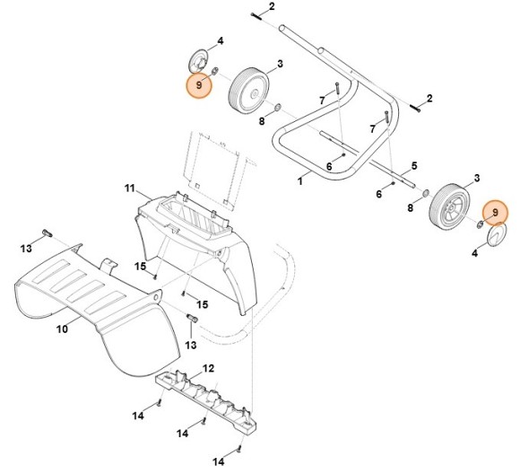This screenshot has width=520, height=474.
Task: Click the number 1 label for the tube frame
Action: click(x=300, y=181)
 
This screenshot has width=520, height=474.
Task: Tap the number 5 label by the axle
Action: click(x=414, y=165)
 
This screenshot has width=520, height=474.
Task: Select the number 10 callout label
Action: click(x=62, y=329)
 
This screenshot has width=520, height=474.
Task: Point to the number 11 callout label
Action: click(x=130, y=189)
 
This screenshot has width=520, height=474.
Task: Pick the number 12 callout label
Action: click(x=208, y=368)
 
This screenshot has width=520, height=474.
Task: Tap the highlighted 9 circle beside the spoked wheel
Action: click(x=495, y=212)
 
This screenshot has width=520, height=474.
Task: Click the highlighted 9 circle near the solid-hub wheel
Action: click(x=199, y=85)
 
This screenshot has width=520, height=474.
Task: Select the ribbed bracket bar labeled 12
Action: click(x=206, y=399)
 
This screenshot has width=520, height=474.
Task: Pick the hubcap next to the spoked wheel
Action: click(x=498, y=235)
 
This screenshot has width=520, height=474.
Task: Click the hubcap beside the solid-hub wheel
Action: click(x=198, y=61)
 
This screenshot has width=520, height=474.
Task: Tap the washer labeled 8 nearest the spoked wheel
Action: click(x=425, y=193)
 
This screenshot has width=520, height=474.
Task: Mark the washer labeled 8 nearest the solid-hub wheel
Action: click(x=278, y=108)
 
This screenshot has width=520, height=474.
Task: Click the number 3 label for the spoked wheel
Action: click(x=477, y=178)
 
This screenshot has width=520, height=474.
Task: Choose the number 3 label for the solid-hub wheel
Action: click(x=280, y=64)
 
